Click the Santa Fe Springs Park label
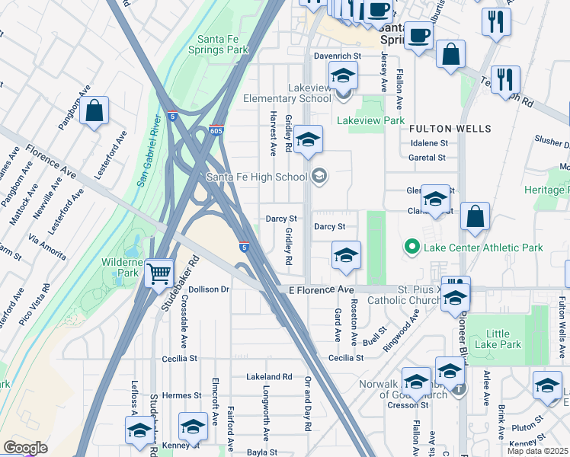(223, 44)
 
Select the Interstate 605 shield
(217, 132)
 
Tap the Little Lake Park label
(498, 339)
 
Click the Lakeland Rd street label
(269, 376)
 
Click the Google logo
(25, 448)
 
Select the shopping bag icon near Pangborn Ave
(95, 111)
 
